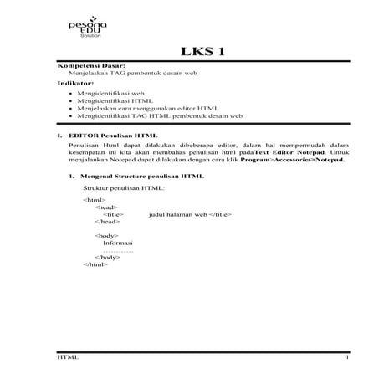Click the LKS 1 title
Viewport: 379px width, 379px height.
pos(203,54)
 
